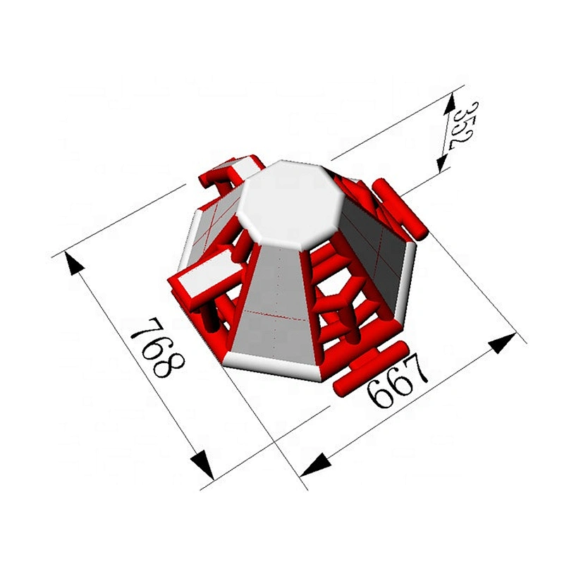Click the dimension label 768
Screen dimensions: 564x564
coord(157,347)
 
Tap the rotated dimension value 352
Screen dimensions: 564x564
coord(462,126)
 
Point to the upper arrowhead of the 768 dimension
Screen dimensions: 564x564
coord(74,262)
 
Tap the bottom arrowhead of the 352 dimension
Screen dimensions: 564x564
coord(442,163)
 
